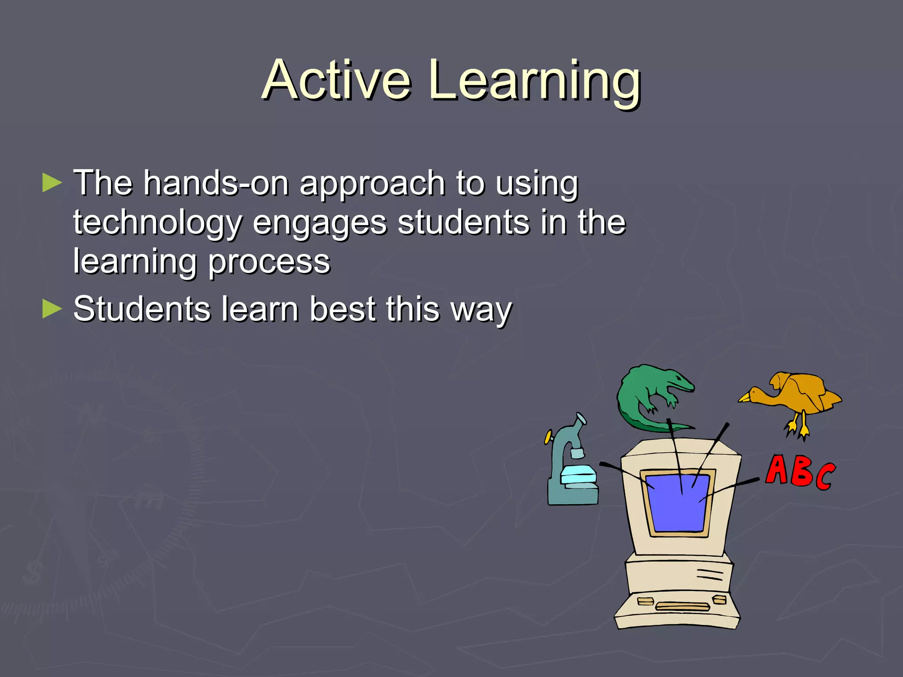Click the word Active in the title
click(x=337, y=80)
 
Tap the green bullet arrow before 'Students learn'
click(x=52, y=309)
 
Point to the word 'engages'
click(x=320, y=223)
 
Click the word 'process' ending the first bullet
click(x=269, y=262)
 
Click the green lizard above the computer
click(x=648, y=392)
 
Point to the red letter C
click(x=825, y=477)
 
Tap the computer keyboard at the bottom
click(x=677, y=610)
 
